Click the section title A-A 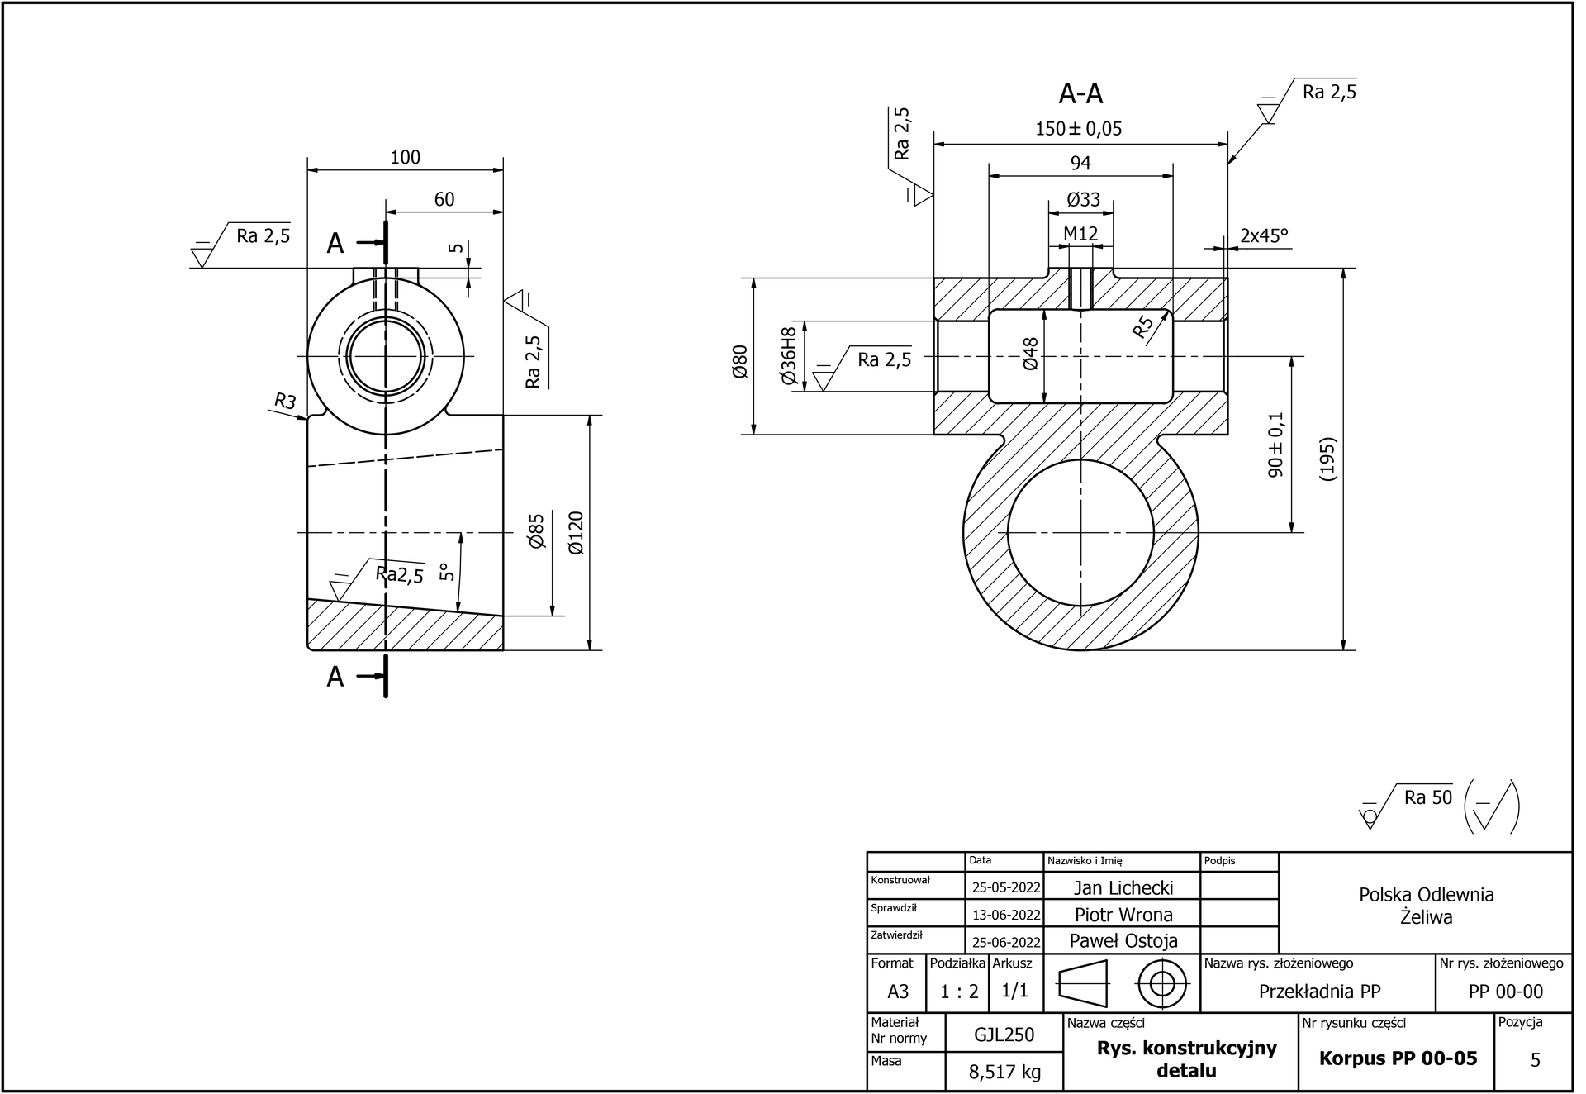click(x=1080, y=94)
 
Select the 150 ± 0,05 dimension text click(x=1079, y=129)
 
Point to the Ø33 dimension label click(x=1083, y=200)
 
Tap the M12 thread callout click(x=1080, y=234)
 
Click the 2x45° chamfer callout click(x=1264, y=236)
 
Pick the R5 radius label click(x=1143, y=329)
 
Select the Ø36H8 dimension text click(x=789, y=356)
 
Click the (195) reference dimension click(x=1327, y=459)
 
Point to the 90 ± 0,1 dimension click(x=1276, y=445)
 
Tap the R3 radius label click(x=285, y=402)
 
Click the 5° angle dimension click(x=447, y=572)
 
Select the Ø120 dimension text click(x=576, y=533)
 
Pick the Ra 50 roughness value click(x=1427, y=797)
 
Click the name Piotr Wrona click(x=1123, y=915)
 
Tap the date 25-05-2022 click(x=1005, y=888)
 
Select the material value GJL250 click(x=1004, y=1035)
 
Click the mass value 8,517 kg click(x=1004, y=1073)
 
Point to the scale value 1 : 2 click(x=959, y=992)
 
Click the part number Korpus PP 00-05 click(x=1398, y=1058)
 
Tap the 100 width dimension click(x=406, y=157)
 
